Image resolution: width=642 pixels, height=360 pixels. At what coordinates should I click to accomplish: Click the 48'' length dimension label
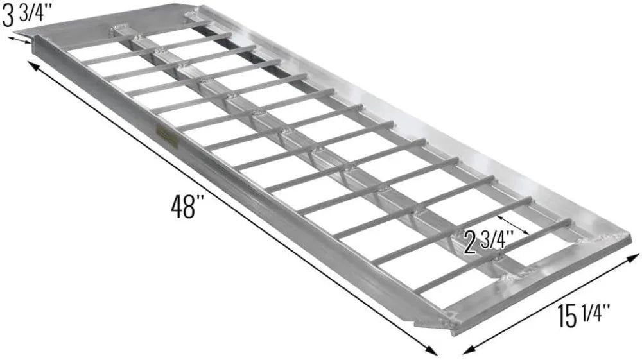click(x=187, y=207)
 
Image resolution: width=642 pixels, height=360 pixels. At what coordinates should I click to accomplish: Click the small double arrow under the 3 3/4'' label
click(x=19, y=39)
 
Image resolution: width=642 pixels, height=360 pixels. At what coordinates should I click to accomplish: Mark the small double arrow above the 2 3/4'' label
click(x=514, y=224)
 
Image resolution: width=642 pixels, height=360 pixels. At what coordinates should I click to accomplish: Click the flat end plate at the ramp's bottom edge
click(x=539, y=282)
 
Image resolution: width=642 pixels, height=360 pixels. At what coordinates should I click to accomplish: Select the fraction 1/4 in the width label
click(x=598, y=313)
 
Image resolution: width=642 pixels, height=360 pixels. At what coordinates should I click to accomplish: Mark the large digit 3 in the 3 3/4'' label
click(x=9, y=17)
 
